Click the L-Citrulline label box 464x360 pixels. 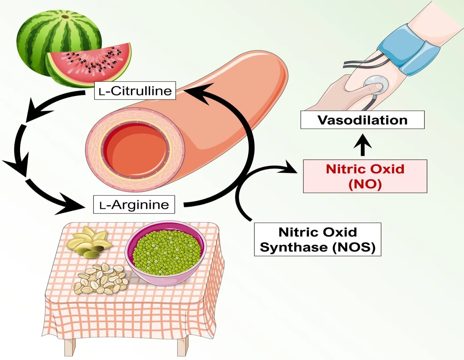135,91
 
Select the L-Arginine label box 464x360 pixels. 134,205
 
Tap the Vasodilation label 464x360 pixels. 362,120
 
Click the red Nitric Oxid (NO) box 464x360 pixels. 365,176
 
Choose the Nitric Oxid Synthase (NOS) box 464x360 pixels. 318,239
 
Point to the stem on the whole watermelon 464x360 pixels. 66,17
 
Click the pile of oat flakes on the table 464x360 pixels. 101,279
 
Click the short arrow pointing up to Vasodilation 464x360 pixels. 362,145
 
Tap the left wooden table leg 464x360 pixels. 70,347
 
